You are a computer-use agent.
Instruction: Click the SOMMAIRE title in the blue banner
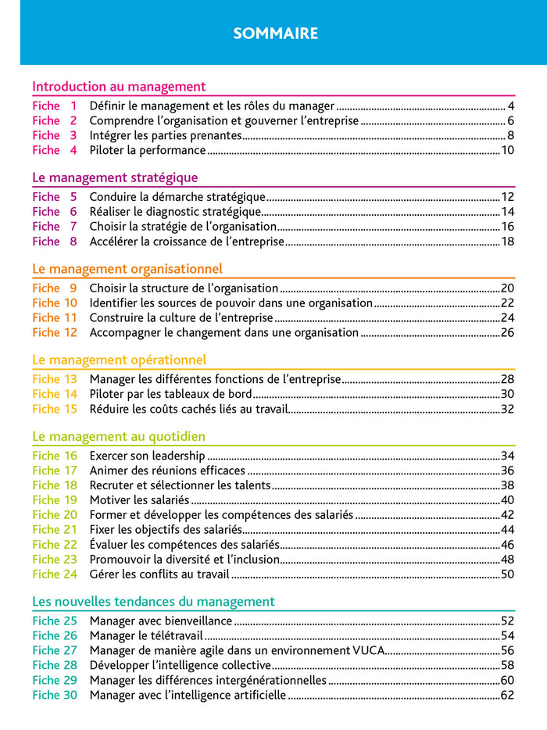click(x=276, y=34)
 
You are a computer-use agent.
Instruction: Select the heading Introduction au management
click(x=119, y=87)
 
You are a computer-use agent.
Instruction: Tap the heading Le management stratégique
click(x=115, y=177)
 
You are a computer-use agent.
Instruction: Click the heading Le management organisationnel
click(x=127, y=269)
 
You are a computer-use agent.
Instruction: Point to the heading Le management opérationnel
click(x=120, y=360)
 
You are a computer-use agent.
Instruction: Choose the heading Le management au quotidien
click(x=119, y=436)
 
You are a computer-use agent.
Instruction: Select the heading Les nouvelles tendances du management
click(x=153, y=601)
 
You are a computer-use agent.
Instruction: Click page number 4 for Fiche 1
click(x=510, y=106)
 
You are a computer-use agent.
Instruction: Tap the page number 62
click(x=507, y=695)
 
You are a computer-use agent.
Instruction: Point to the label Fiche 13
click(x=55, y=379)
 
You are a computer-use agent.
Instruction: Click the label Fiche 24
click(x=55, y=574)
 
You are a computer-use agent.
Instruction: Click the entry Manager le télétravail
click(x=144, y=635)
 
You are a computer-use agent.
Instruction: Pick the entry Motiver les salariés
click(x=139, y=500)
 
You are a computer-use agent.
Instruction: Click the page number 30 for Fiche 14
click(x=507, y=394)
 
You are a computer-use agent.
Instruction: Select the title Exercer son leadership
click(x=147, y=456)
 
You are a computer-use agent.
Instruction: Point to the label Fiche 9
click(x=55, y=288)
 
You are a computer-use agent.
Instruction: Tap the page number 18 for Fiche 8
click(x=507, y=242)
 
